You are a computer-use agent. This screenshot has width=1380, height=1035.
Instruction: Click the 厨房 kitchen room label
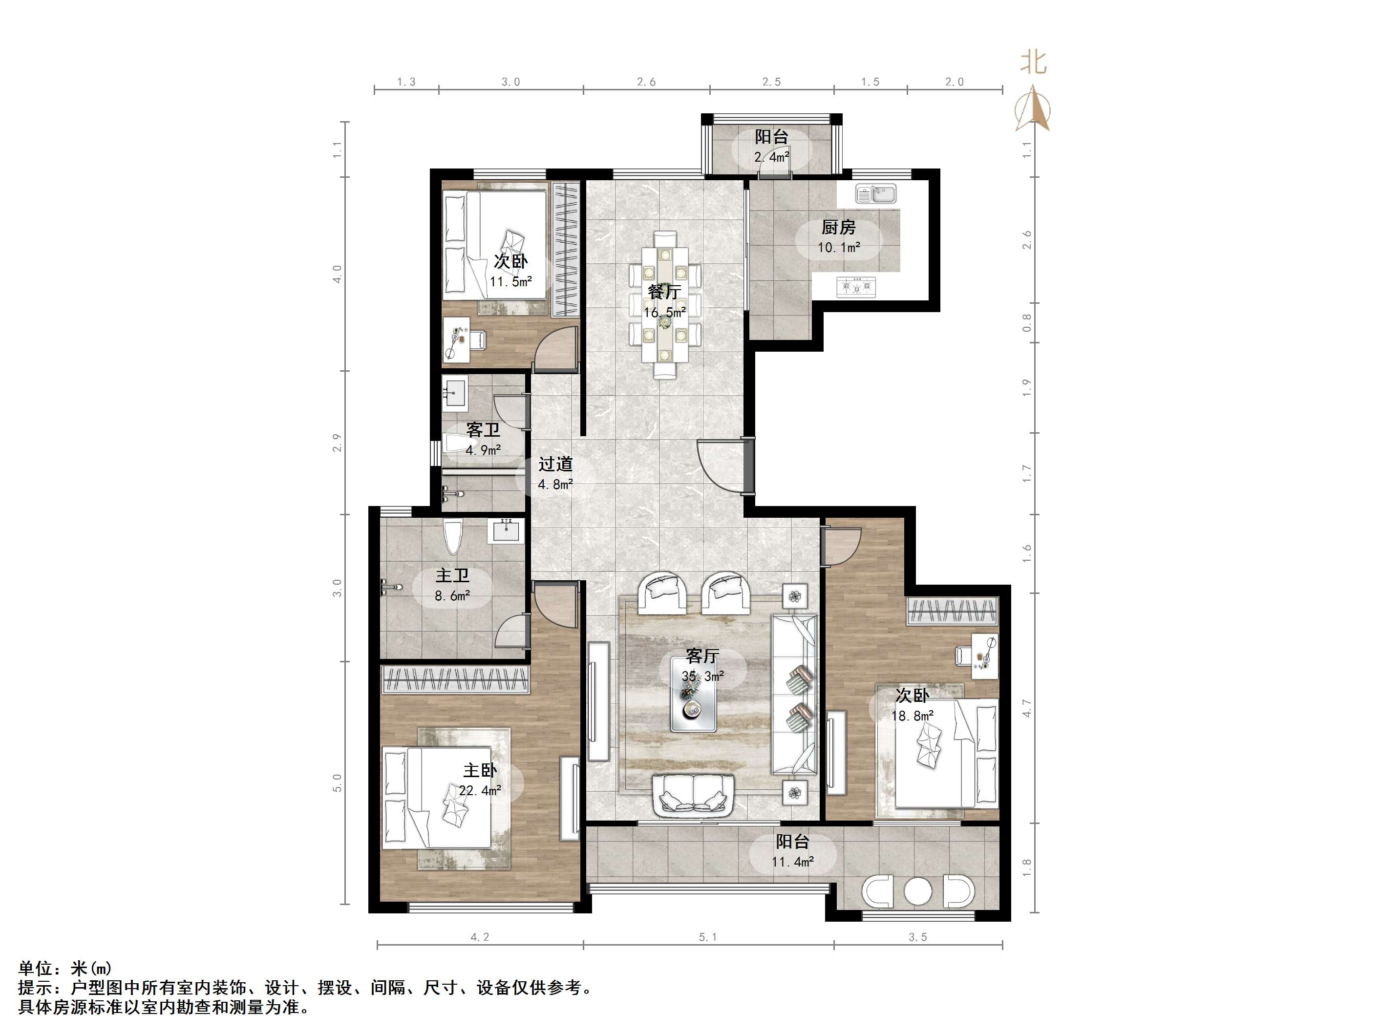838,228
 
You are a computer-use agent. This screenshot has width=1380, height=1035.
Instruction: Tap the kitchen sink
876,194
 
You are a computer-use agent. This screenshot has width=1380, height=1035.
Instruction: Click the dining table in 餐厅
665,304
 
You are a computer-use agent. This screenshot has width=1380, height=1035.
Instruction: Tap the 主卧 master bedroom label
480,770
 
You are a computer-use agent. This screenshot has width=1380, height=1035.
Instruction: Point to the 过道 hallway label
555,464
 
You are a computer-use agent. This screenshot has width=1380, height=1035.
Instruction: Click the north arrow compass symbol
1033,110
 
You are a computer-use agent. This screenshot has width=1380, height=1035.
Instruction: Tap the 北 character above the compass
1033,63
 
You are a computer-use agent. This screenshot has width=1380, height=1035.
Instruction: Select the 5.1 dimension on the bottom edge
707,937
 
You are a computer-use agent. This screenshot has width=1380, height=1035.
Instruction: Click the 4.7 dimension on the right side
1027,708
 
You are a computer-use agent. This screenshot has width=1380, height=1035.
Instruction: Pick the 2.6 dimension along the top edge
646,82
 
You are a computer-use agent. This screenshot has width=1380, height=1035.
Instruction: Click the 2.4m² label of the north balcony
772,157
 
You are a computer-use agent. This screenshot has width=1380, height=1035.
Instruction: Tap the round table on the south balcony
918,892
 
